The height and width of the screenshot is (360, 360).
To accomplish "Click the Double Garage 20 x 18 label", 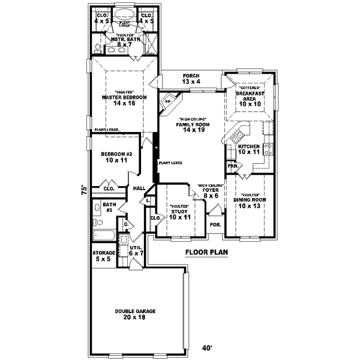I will [135, 314].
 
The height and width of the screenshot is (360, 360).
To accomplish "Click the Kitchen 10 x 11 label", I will [249, 149].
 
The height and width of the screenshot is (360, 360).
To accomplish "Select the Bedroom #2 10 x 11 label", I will [116, 158].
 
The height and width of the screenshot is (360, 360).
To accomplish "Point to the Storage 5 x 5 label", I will [104, 256].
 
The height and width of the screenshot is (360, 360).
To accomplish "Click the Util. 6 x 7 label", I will [136, 251].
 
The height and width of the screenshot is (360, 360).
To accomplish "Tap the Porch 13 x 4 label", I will [192, 79].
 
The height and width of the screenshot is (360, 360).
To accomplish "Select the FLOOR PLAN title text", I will [206, 253].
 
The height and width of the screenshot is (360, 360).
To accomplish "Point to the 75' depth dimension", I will [85, 188].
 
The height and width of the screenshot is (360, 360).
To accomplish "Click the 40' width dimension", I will [206, 347].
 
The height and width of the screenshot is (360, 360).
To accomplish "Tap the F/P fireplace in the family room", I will [168, 101].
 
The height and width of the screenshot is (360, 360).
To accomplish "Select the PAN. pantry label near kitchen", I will [232, 166].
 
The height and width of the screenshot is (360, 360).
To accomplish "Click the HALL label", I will [139, 188].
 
